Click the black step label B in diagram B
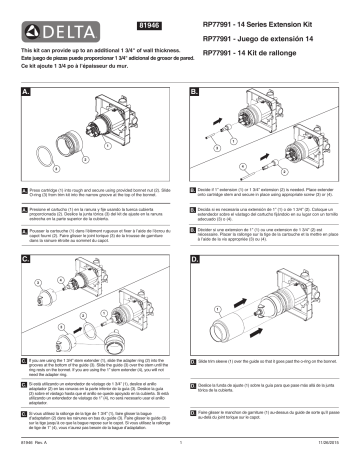pyautogui.click(x=194, y=89)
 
